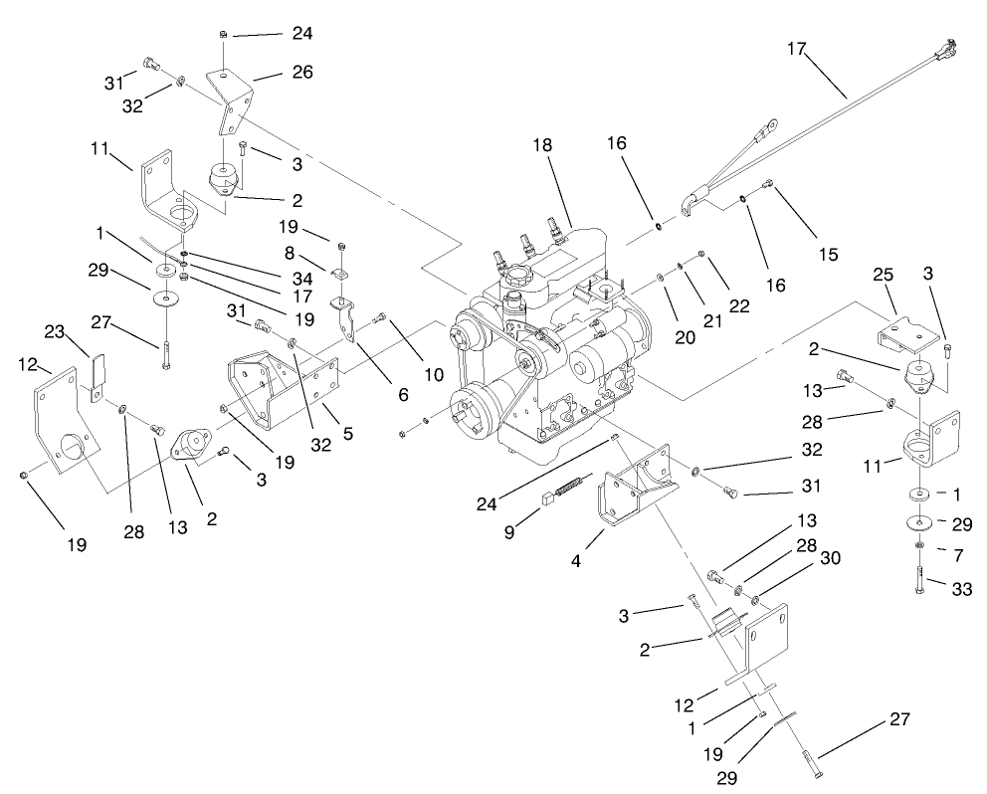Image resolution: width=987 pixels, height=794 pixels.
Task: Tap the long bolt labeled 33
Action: [x=918, y=579]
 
